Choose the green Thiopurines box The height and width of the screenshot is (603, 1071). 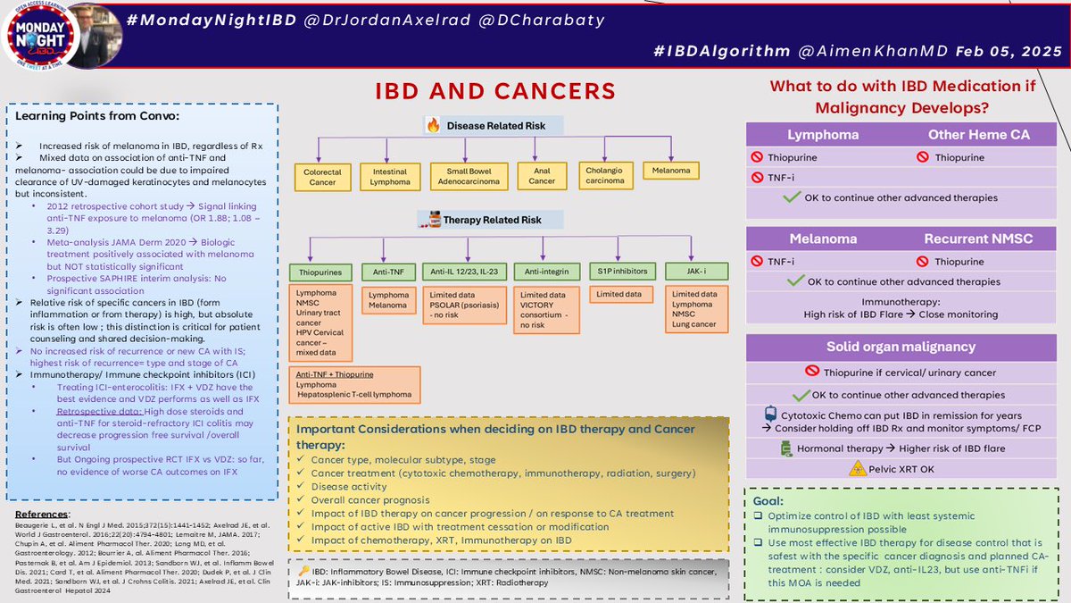(320, 272)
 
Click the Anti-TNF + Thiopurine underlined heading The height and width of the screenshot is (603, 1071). (336, 373)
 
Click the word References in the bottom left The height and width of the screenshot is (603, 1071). (43, 514)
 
